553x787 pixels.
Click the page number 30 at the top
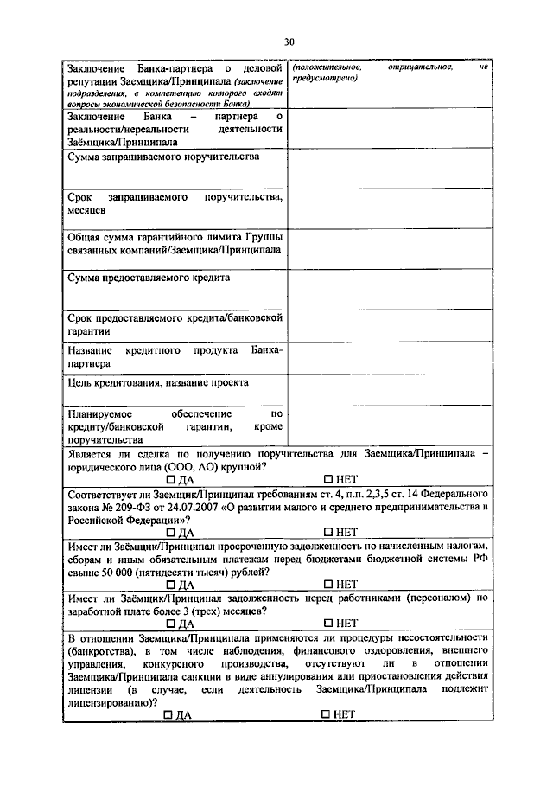click(289, 41)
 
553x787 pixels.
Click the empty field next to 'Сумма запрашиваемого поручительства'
click(389, 170)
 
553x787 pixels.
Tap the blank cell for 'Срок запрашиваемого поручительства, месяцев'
click(389, 208)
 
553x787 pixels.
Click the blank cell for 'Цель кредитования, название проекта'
click(389, 390)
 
